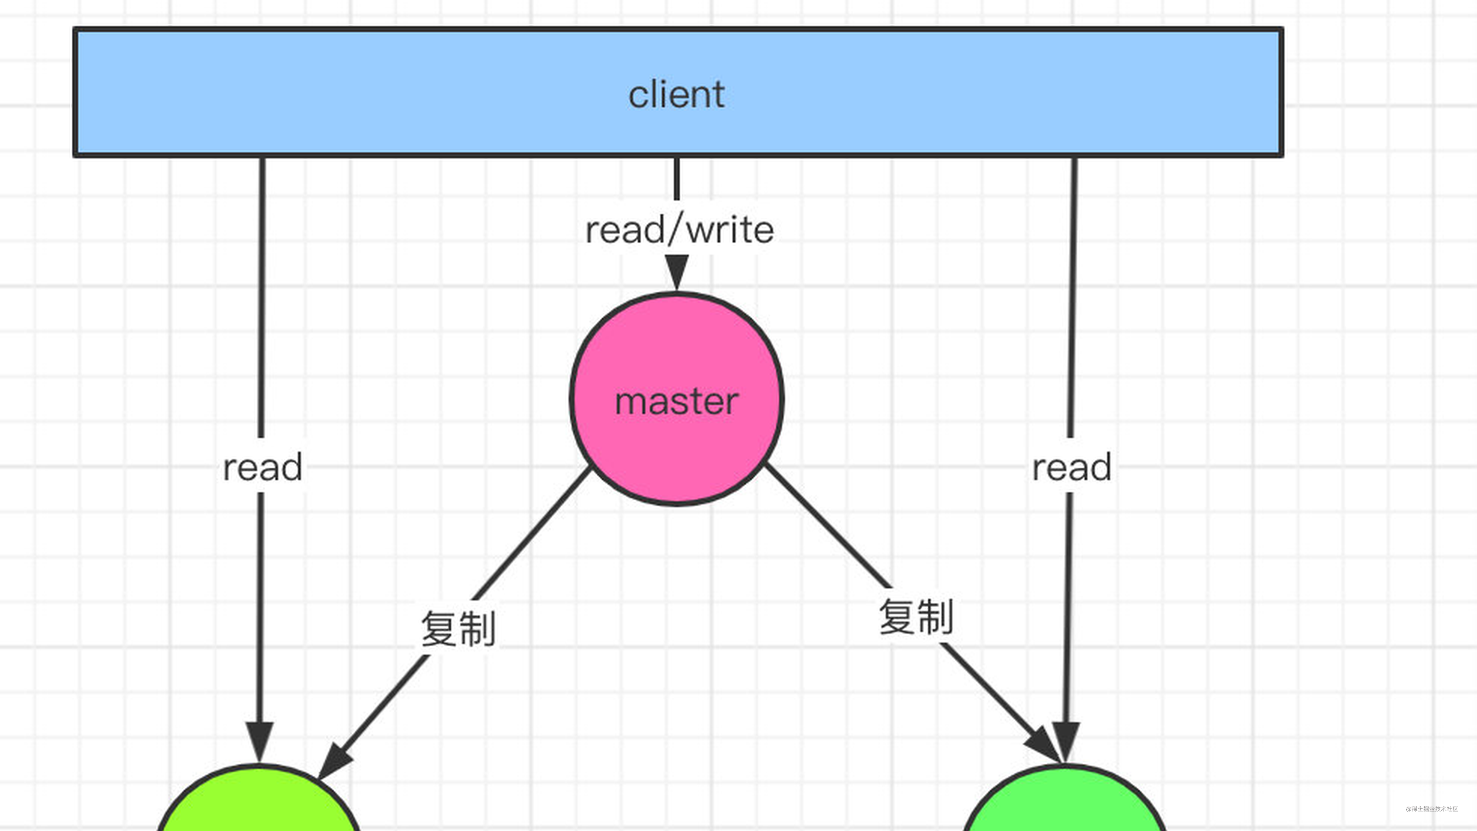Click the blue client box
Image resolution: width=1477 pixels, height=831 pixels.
[401, 92]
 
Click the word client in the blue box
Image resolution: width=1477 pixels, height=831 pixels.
[677, 95]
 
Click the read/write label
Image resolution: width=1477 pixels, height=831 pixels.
[680, 230]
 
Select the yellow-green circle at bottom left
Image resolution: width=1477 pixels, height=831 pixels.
[258, 805]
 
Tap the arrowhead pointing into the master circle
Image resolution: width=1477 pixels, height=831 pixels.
[677, 272]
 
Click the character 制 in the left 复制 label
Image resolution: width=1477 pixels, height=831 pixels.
[477, 629]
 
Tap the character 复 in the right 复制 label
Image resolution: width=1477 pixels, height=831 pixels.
[897, 617]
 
